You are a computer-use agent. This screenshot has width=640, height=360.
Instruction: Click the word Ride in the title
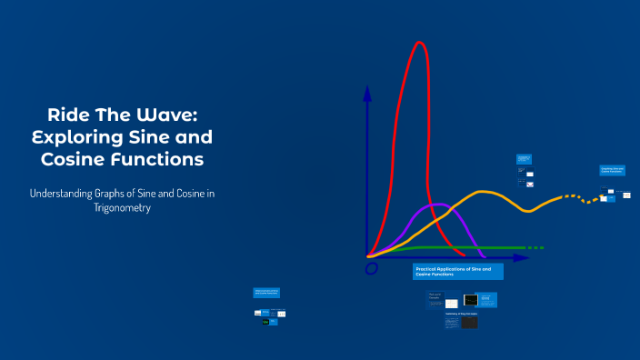[x=67, y=115]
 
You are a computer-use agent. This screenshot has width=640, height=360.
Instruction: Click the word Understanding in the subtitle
[x=70, y=194]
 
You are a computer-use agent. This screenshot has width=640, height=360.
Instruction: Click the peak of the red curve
[x=419, y=43]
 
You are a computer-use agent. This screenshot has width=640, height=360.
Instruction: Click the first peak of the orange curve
[x=485, y=192]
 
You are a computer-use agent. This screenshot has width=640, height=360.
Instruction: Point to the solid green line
[x=455, y=247]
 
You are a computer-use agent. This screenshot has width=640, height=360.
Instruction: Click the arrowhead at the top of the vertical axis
[x=367, y=91]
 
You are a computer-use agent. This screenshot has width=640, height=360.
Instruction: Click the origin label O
[x=371, y=268]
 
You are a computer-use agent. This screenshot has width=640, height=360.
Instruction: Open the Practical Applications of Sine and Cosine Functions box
[x=457, y=271]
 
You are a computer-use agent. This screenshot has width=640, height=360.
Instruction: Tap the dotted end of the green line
[x=536, y=247]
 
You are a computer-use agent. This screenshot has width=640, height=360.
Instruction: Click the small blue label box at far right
[x=612, y=170]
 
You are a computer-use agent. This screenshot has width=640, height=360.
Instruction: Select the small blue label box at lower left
[x=267, y=293]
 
